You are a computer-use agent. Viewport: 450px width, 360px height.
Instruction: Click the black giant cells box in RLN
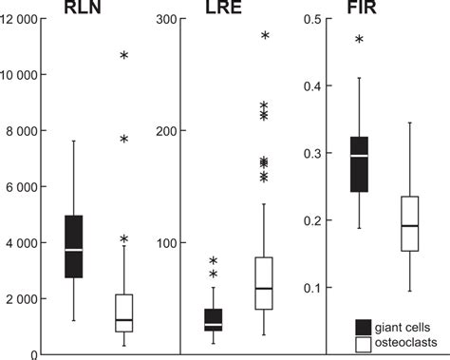73,246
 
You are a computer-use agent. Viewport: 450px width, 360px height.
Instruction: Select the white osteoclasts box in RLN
123,313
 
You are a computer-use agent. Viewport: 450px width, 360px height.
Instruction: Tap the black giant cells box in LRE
214,320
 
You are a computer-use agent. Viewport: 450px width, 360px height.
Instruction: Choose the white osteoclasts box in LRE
264,282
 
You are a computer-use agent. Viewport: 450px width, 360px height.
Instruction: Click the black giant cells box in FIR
359,164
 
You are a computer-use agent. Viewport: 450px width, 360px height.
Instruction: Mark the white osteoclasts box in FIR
409,224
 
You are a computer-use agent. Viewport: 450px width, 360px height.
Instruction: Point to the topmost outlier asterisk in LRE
265,36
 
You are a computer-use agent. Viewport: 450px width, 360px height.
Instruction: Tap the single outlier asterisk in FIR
359,40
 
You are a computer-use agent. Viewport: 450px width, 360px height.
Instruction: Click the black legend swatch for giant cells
362,325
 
